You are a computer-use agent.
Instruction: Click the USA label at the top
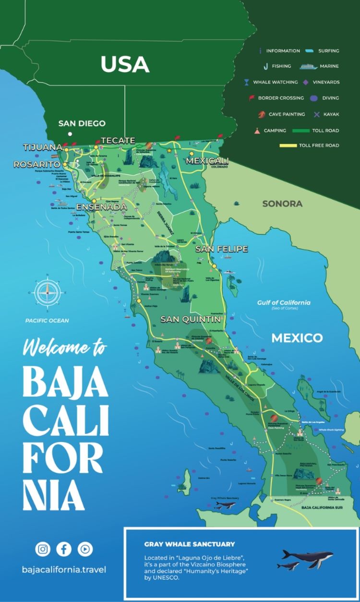click(125, 64)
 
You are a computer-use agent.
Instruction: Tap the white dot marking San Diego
click(70, 134)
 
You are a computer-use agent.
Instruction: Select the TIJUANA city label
click(43, 147)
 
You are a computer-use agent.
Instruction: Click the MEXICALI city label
click(207, 160)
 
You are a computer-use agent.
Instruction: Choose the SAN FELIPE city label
click(221, 249)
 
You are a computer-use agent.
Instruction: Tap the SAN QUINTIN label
click(190, 319)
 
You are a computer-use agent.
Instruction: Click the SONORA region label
click(282, 204)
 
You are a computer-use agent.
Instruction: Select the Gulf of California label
click(283, 302)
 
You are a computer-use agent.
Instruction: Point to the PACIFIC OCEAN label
click(48, 321)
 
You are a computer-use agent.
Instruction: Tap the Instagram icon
click(42, 549)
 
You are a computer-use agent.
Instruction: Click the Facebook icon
click(63, 549)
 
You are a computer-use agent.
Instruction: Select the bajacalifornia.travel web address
click(64, 570)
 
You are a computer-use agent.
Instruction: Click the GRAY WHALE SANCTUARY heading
click(190, 544)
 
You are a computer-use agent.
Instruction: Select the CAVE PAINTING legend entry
click(282, 114)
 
